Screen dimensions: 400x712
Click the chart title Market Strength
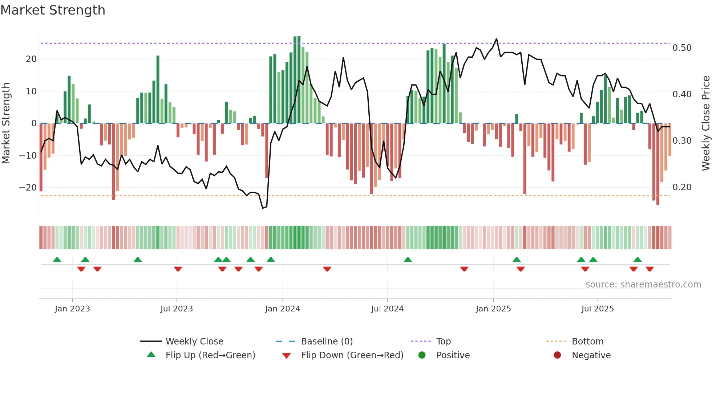click(x=53, y=10)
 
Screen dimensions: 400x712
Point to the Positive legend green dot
click(x=422, y=355)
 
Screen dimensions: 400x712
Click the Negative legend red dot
click(x=557, y=355)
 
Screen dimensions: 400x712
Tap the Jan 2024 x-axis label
click(x=283, y=309)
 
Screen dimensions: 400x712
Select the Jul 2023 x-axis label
click(x=177, y=309)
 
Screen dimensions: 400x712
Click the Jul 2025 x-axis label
click(x=598, y=309)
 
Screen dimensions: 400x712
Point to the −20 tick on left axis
click(x=28, y=188)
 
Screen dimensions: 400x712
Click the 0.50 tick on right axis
click(x=682, y=48)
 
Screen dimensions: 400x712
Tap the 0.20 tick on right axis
click(x=682, y=187)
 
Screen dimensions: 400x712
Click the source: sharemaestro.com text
click(x=643, y=284)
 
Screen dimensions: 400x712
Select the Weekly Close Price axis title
click(x=705, y=123)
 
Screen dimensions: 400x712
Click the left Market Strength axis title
click(x=6, y=123)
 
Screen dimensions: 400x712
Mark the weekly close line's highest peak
click(x=496, y=39)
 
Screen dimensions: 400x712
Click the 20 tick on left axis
click(x=31, y=59)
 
